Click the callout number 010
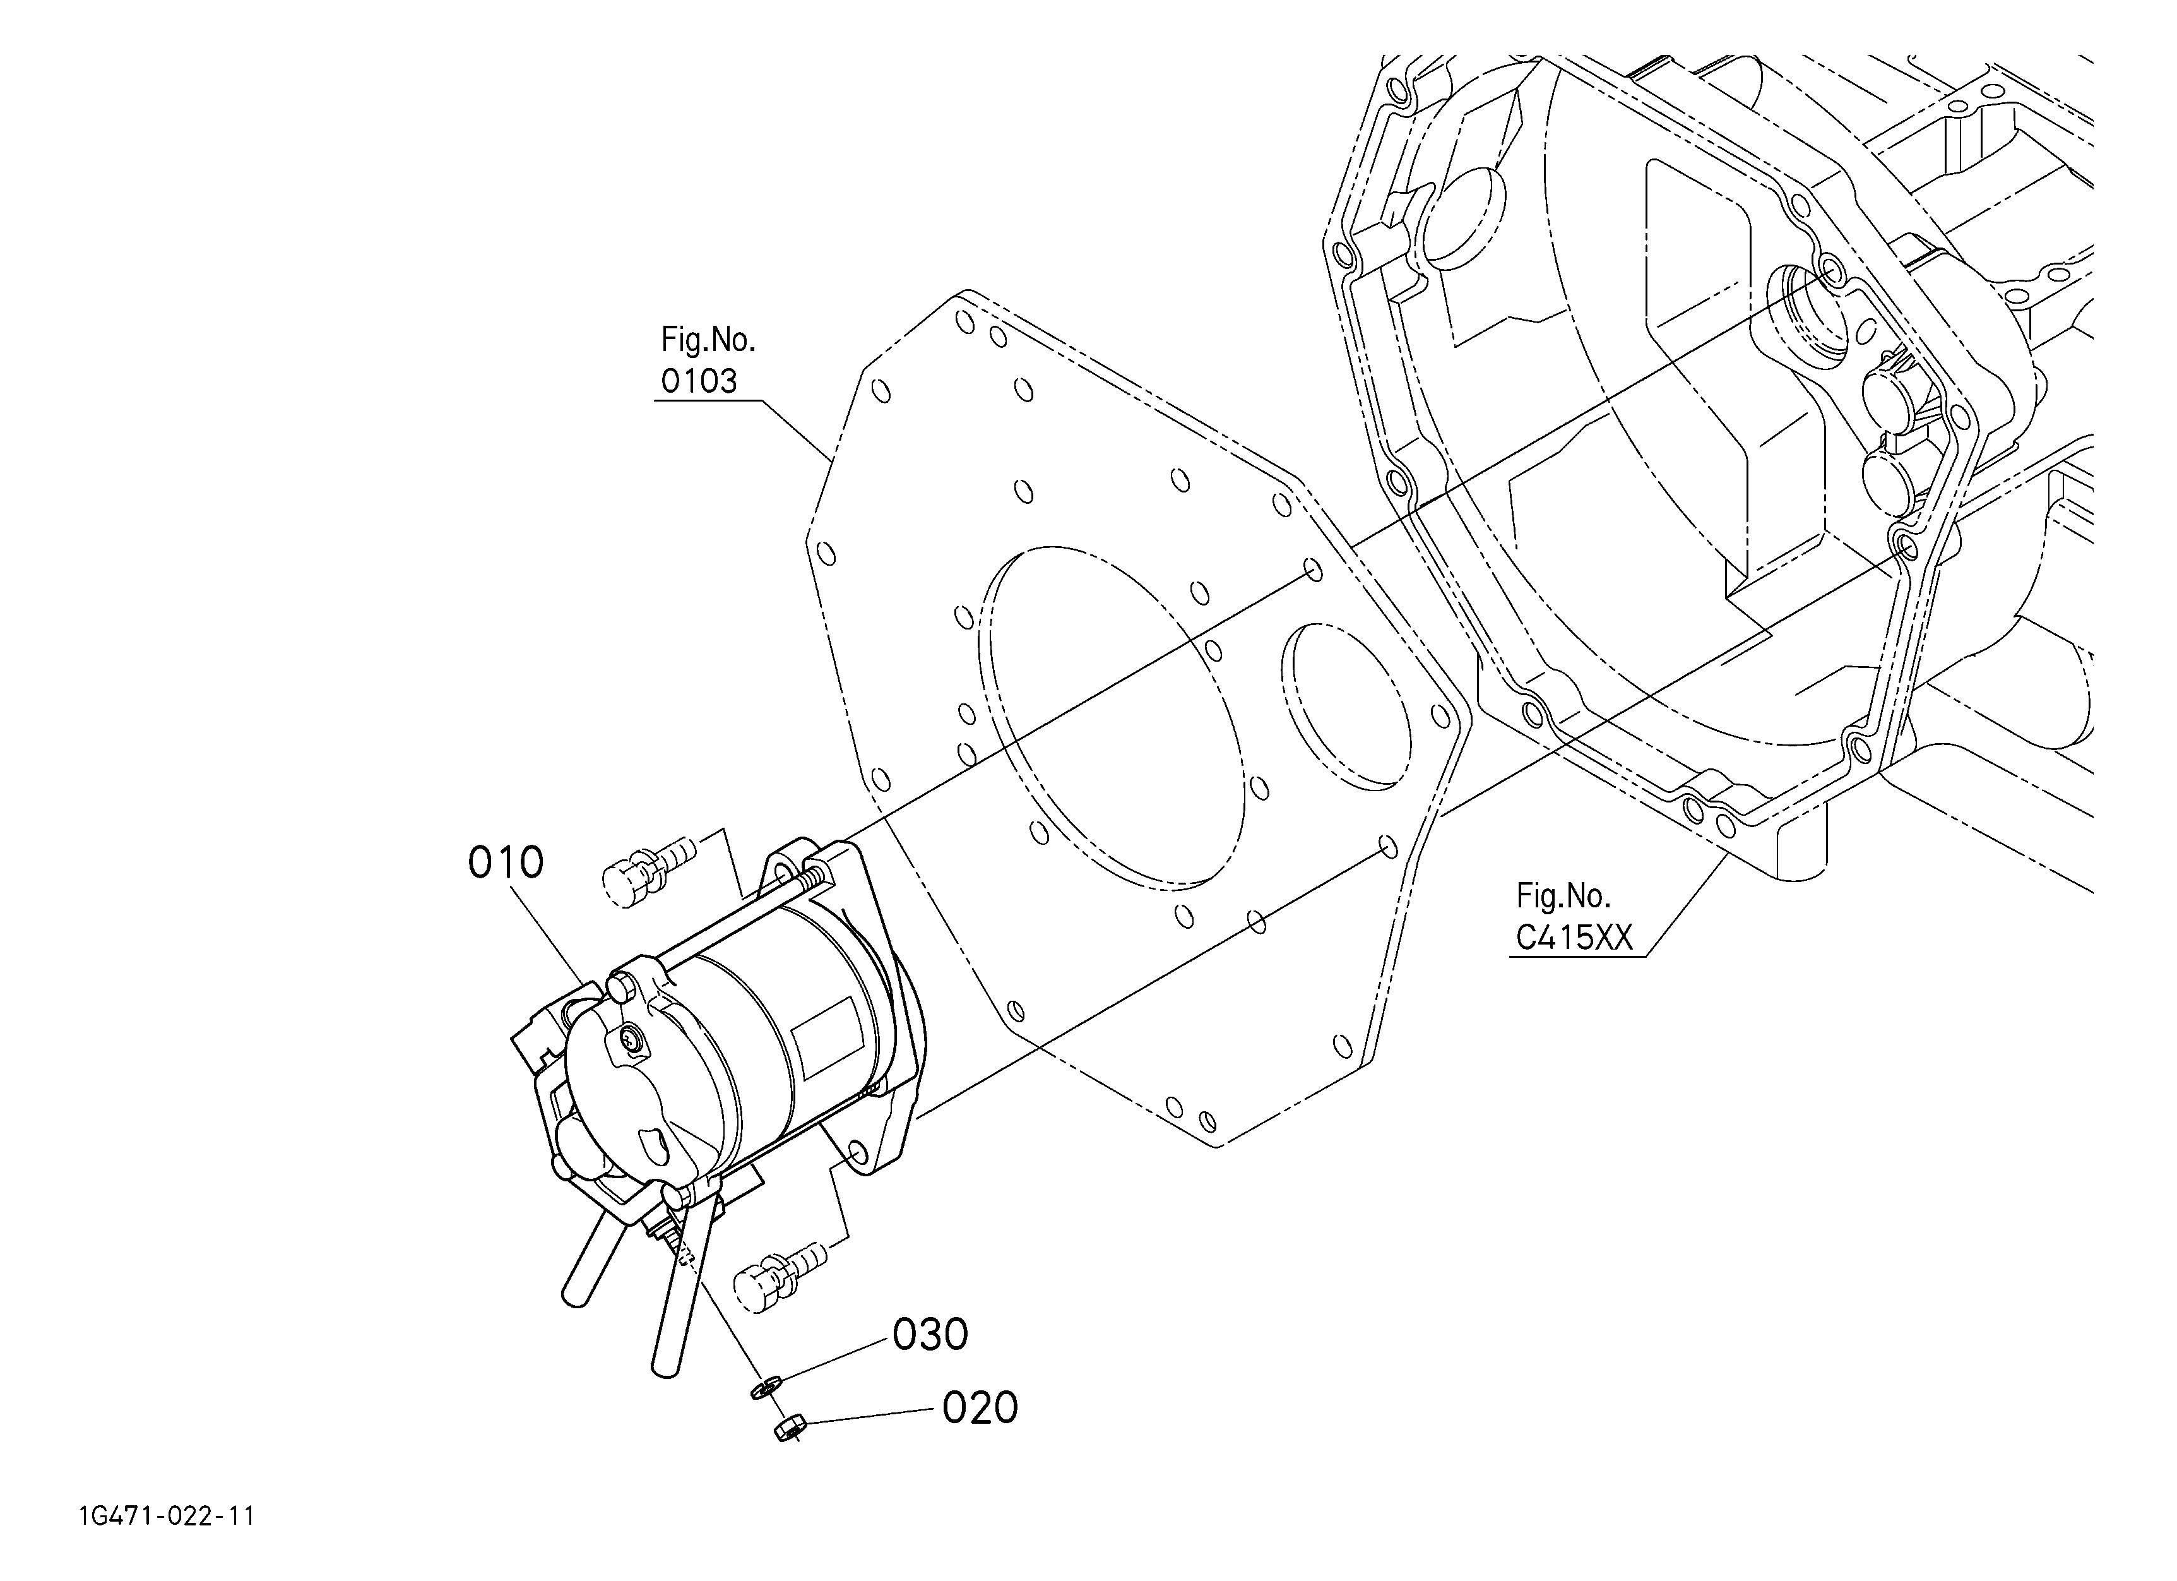[x=505, y=863]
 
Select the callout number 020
[x=979, y=1408]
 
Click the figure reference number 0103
[x=699, y=381]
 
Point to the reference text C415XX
[x=1574, y=937]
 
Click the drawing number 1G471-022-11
[x=167, y=1517]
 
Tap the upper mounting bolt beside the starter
[x=645, y=863]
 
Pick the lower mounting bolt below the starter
[x=778, y=1270]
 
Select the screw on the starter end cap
[x=630, y=1037]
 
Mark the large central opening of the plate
[x=1113, y=715]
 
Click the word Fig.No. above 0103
[x=708, y=339]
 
